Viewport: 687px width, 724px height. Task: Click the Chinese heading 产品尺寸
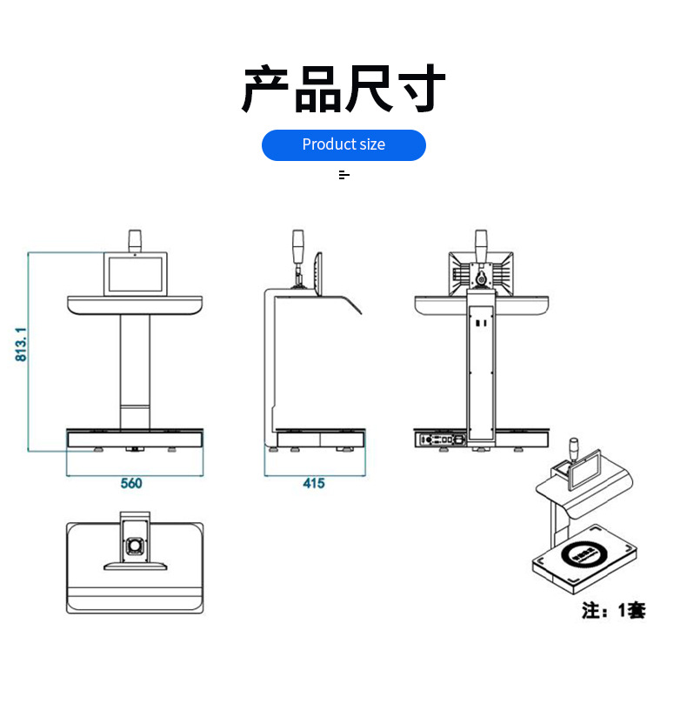pos(343,89)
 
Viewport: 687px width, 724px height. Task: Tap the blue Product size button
pos(343,144)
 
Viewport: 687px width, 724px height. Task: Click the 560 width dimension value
pos(130,483)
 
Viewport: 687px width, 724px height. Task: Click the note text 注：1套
pos(613,611)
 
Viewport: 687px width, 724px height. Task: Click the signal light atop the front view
pos(135,240)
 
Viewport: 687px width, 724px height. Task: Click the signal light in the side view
pos(298,246)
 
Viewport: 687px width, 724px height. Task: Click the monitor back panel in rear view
pos(481,273)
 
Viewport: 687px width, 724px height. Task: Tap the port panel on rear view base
pos(441,439)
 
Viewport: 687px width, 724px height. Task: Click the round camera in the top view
pos(135,546)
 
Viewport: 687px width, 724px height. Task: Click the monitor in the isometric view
pos(584,468)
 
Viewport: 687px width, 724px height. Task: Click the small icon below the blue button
pos(343,175)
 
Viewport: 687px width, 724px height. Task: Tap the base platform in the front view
pos(135,437)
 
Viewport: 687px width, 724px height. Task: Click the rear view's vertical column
pos(481,365)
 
